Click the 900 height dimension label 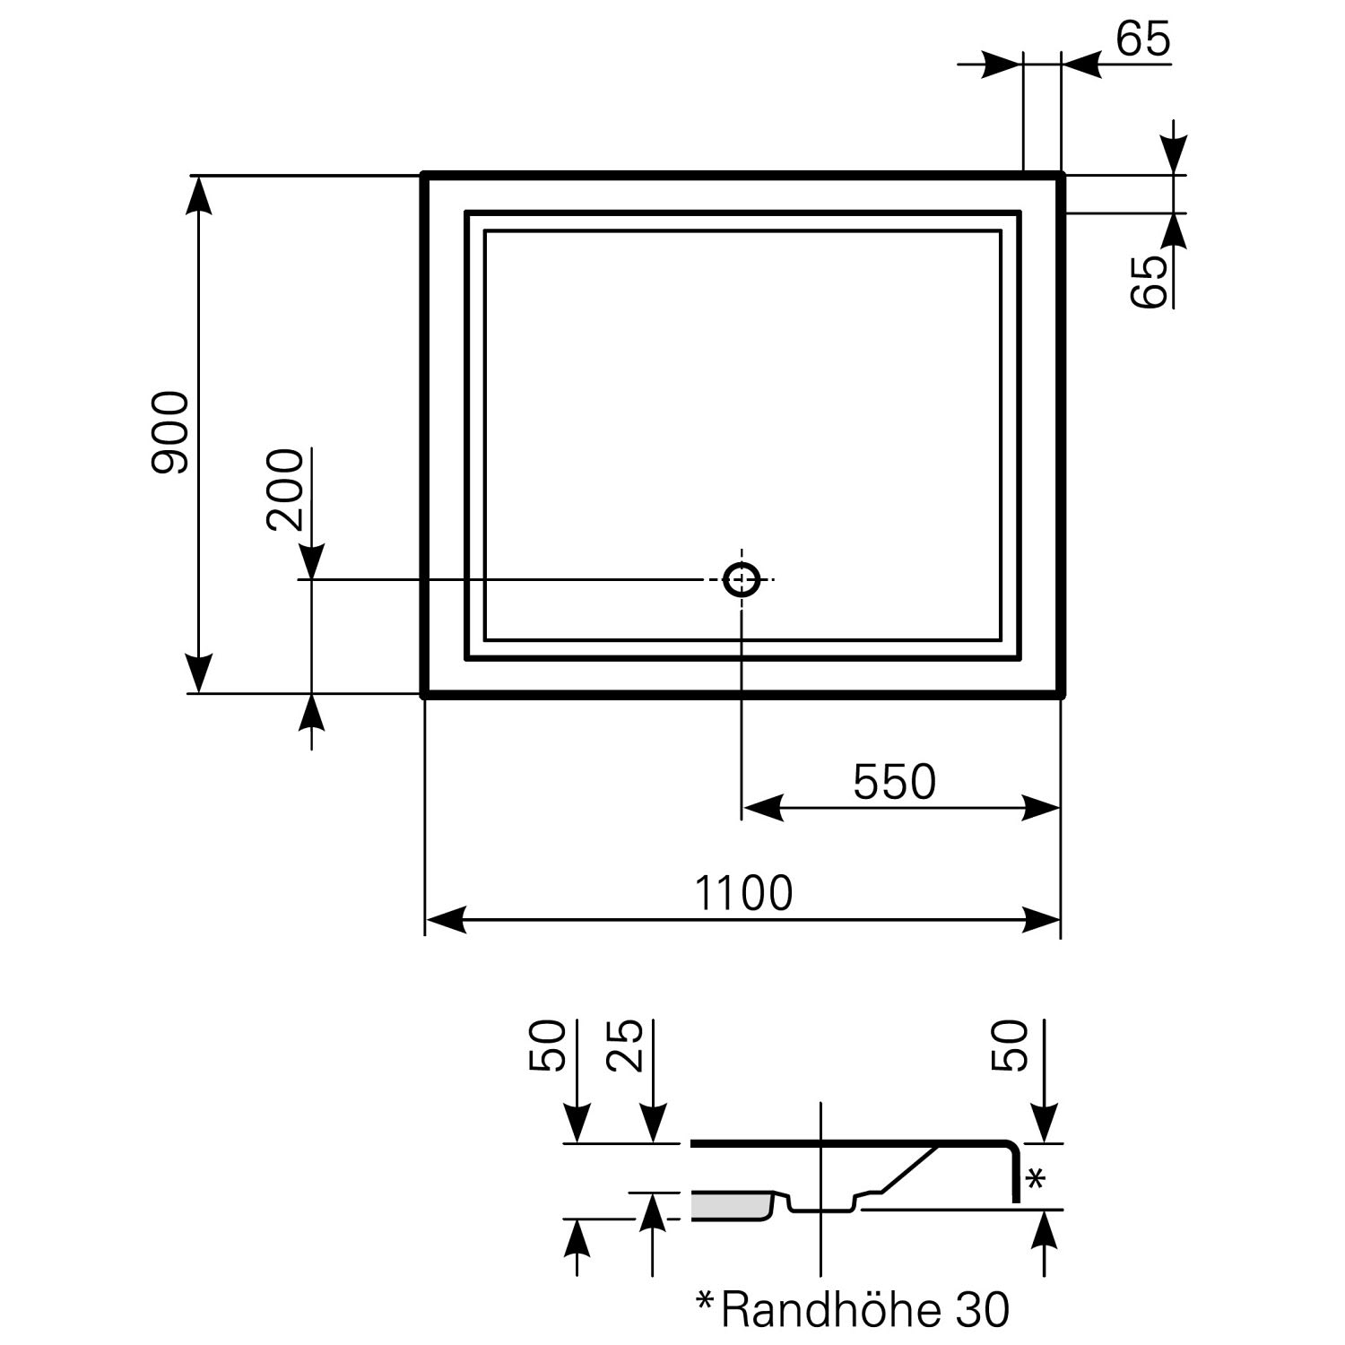(170, 433)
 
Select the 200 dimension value (285, 490)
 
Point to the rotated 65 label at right (1148, 282)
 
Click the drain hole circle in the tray (742, 580)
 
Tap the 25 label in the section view (625, 1046)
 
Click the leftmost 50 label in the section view (547, 1046)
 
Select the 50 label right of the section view (1009, 1046)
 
